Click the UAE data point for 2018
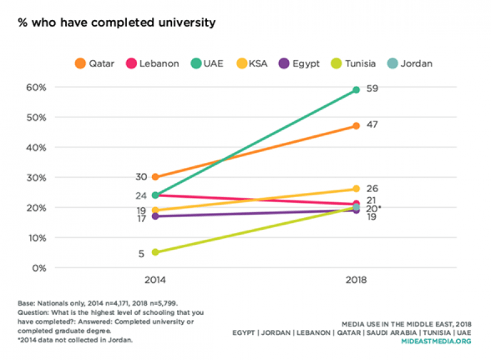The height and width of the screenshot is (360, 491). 356,90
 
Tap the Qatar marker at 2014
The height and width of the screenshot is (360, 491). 155,177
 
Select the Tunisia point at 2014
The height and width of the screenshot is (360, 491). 155,252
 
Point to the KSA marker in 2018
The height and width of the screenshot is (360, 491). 356,188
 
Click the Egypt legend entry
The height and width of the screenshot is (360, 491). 299,63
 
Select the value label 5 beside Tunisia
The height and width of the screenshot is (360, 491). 141,253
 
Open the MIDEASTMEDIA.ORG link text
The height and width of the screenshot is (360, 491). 436,341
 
